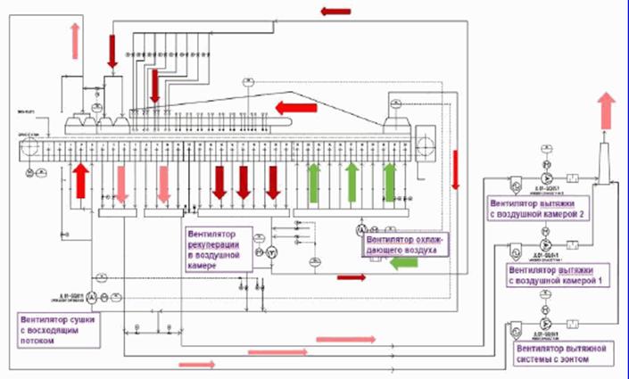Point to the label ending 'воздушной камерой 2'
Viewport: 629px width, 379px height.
click(531, 207)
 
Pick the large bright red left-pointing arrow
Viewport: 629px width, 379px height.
click(297, 109)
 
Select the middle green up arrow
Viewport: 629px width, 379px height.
click(352, 179)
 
